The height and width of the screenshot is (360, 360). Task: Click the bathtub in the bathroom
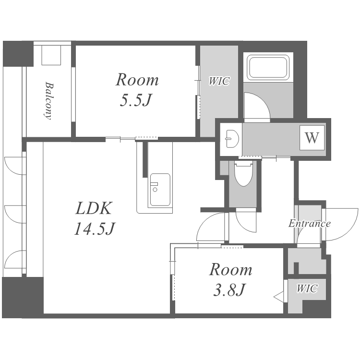click(268, 68)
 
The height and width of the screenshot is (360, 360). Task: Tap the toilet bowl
click(243, 173)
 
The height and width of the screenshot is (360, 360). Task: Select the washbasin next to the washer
click(232, 139)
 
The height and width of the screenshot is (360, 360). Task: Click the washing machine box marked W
click(312, 138)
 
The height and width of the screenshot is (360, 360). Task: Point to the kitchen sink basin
click(160, 190)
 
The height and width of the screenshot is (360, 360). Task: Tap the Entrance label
click(309, 223)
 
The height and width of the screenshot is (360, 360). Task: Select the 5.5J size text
click(136, 101)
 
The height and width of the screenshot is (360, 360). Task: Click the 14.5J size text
click(95, 228)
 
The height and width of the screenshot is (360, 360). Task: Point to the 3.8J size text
click(229, 290)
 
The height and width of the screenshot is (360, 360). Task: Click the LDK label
click(94, 208)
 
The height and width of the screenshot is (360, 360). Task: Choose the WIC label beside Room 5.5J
click(219, 81)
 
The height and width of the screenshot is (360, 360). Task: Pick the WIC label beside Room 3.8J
click(307, 288)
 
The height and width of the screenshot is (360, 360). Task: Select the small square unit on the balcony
click(51, 55)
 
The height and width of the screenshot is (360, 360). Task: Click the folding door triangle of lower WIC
click(279, 297)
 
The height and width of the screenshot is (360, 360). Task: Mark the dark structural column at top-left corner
click(18, 54)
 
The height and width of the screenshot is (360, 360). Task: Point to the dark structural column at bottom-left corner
click(23, 298)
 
